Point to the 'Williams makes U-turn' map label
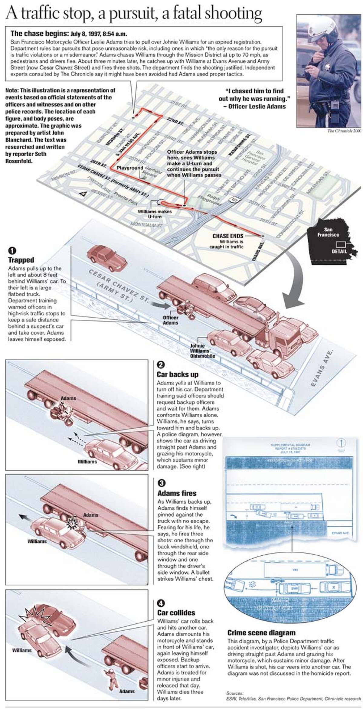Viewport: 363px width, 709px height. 154,214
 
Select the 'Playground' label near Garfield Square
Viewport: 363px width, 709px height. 130,168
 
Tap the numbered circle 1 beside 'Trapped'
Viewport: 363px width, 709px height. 12,251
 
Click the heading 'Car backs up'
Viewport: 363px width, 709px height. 177,374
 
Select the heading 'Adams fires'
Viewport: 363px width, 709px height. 177,493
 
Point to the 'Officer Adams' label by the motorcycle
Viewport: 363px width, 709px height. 171,320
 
